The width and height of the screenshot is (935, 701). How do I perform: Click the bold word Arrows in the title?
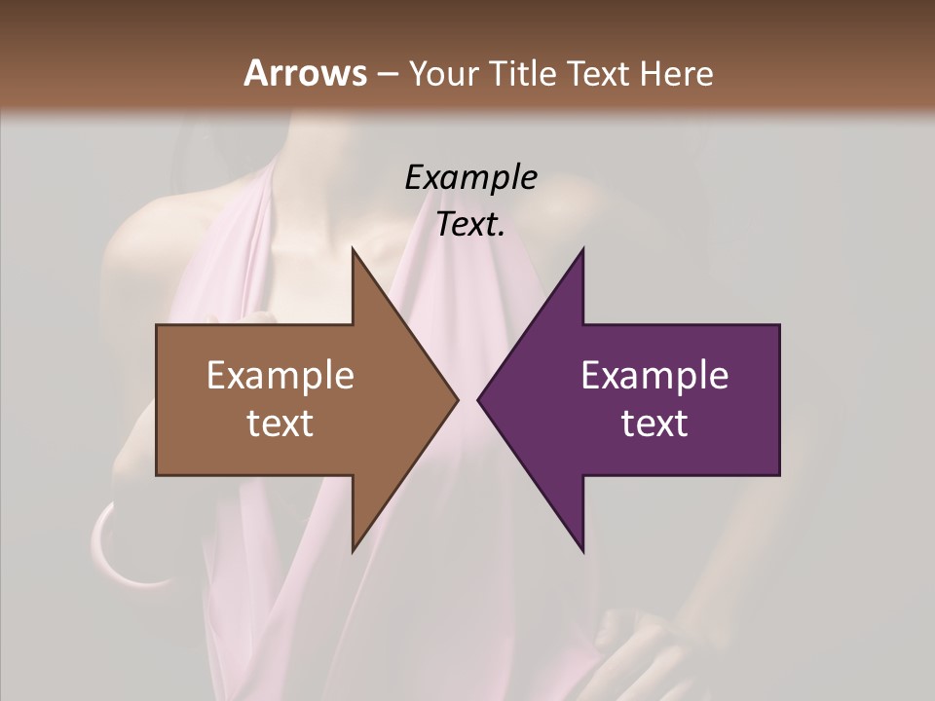[x=306, y=73]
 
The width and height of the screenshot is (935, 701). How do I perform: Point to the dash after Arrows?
[x=387, y=74]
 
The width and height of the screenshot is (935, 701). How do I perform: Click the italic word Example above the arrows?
[x=470, y=178]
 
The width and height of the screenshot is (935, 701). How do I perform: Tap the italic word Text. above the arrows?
[x=470, y=225]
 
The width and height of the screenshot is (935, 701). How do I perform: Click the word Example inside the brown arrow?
[x=280, y=376]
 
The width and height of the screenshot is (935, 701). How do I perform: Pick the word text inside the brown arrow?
[x=280, y=424]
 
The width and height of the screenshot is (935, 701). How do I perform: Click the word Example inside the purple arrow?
[x=654, y=376]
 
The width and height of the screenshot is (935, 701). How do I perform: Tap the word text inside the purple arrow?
[x=654, y=424]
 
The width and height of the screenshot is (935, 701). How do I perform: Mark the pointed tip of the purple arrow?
[x=479, y=399]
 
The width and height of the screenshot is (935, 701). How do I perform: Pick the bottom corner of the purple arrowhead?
[x=582, y=550]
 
